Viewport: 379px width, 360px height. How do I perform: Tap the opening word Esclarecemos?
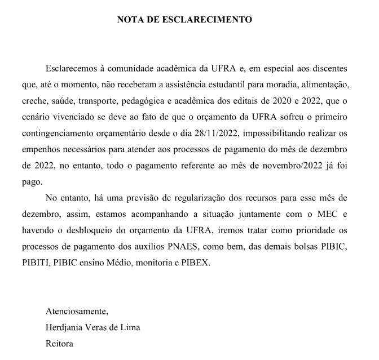[72, 68]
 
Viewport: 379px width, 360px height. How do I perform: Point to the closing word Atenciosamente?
[77, 311]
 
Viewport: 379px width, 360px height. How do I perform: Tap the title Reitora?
[60, 343]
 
